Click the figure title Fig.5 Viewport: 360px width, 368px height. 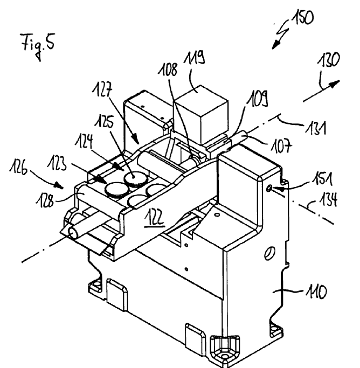(38, 45)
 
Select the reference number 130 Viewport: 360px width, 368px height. (329, 60)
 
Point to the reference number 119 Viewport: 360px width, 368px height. (194, 58)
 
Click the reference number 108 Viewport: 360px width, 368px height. (168, 70)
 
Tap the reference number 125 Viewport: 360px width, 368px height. (105, 122)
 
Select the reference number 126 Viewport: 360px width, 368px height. (18, 168)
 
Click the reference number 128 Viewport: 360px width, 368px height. (45, 200)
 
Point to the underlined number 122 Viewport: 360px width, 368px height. (154, 218)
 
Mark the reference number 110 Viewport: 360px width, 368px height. (316, 291)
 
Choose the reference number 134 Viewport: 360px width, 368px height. (329, 199)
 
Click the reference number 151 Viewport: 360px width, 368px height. (322, 179)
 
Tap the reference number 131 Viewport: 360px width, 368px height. (316, 128)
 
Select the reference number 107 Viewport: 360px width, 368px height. (282, 145)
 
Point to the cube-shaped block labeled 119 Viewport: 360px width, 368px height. (200, 115)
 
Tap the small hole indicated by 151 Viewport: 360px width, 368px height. (269, 188)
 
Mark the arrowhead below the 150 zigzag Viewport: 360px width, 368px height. (275, 45)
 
